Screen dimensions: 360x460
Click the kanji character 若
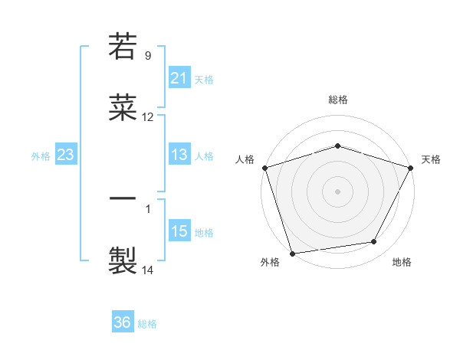(x=123, y=47)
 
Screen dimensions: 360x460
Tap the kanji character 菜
(x=123, y=108)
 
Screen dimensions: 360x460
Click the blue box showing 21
(x=179, y=79)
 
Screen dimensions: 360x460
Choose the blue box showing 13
(x=179, y=155)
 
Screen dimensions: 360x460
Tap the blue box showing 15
(x=179, y=232)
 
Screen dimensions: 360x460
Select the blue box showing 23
(x=66, y=155)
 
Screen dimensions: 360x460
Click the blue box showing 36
(x=123, y=322)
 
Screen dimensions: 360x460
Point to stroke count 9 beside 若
(x=148, y=56)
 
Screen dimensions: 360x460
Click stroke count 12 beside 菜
(x=148, y=117)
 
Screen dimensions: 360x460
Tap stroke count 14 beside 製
(x=148, y=270)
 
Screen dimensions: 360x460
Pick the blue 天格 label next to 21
(x=204, y=80)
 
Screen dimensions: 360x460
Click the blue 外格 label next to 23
(x=41, y=156)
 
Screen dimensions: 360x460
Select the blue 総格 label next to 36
(x=147, y=323)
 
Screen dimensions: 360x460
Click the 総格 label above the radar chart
(x=337, y=100)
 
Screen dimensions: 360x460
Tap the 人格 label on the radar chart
(x=245, y=159)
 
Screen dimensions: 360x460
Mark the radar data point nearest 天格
(x=411, y=168)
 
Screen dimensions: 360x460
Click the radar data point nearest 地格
(x=374, y=242)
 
